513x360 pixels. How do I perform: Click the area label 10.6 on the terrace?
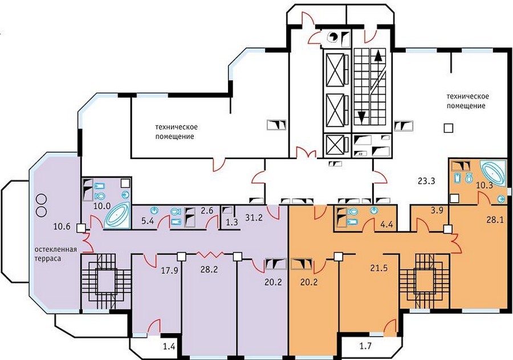(x=62, y=226)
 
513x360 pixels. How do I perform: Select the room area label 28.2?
(x=209, y=269)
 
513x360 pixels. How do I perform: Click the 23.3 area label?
(x=426, y=181)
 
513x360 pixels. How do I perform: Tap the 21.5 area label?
(x=379, y=268)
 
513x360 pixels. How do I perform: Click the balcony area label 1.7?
(x=365, y=346)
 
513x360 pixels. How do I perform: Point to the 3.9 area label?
(x=437, y=211)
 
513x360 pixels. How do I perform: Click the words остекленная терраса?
(x=56, y=253)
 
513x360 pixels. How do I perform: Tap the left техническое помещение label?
(x=176, y=132)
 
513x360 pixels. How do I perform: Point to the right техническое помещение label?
(x=467, y=101)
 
